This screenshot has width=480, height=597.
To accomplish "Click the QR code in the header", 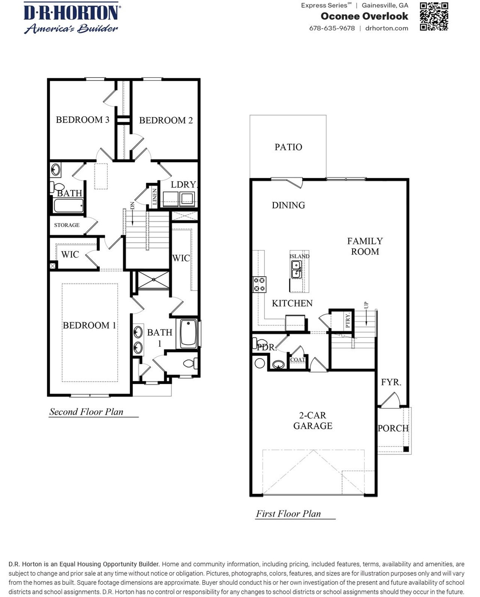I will [x=434, y=16].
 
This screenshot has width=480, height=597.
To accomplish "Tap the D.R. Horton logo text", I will [x=71, y=12].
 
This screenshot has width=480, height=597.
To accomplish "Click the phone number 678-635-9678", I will [x=332, y=28].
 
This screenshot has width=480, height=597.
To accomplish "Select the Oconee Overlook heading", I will [x=364, y=16].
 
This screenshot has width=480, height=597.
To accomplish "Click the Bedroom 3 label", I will [x=82, y=120].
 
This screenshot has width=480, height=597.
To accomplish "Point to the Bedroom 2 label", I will [x=166, y=120].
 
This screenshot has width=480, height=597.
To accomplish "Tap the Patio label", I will [x=288, y=147].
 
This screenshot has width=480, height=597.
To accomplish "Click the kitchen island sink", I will [x=296, y=269].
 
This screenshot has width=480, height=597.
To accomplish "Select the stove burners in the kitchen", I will [x=259, y=284].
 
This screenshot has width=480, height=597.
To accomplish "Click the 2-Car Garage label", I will [x=313, y=420].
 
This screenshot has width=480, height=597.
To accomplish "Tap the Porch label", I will [x=393, y=428].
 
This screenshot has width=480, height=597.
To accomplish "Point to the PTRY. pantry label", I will [x=348, y=320].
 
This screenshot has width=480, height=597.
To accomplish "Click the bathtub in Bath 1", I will [x=188, y=333].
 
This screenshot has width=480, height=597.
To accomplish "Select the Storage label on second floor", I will [x=67, y=225].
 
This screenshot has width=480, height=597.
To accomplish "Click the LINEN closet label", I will [x=154, y=196].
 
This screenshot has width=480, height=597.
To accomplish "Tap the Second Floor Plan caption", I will [x=86, y=412].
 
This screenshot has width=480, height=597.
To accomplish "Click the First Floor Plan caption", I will [x=288, y=514].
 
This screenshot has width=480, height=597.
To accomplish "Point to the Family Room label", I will [x=364, y=246].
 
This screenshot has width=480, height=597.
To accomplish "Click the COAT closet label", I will [x=297, y=359].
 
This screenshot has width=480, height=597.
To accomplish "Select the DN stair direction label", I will [x=132, y=205].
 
